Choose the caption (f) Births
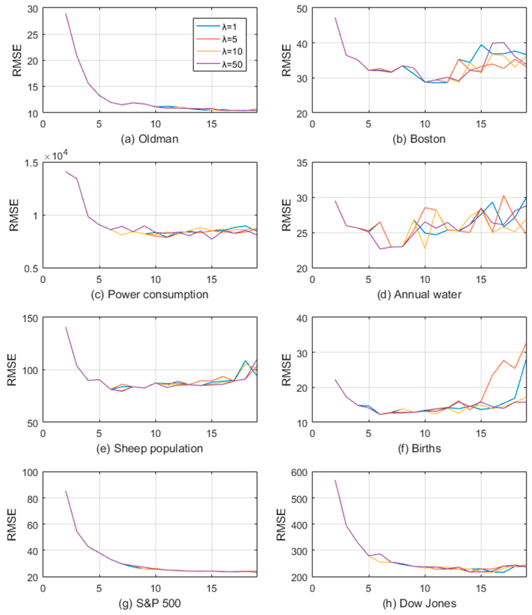tap(419, 448)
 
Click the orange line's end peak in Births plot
tap(526, 344)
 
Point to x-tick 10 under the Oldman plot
tap(155, 124)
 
